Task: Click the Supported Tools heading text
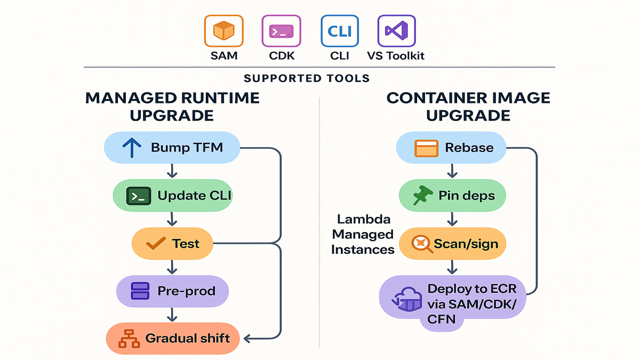307,78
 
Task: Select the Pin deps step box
452,196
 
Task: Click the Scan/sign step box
452,244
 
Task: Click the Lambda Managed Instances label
362,234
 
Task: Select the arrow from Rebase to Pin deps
452,171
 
